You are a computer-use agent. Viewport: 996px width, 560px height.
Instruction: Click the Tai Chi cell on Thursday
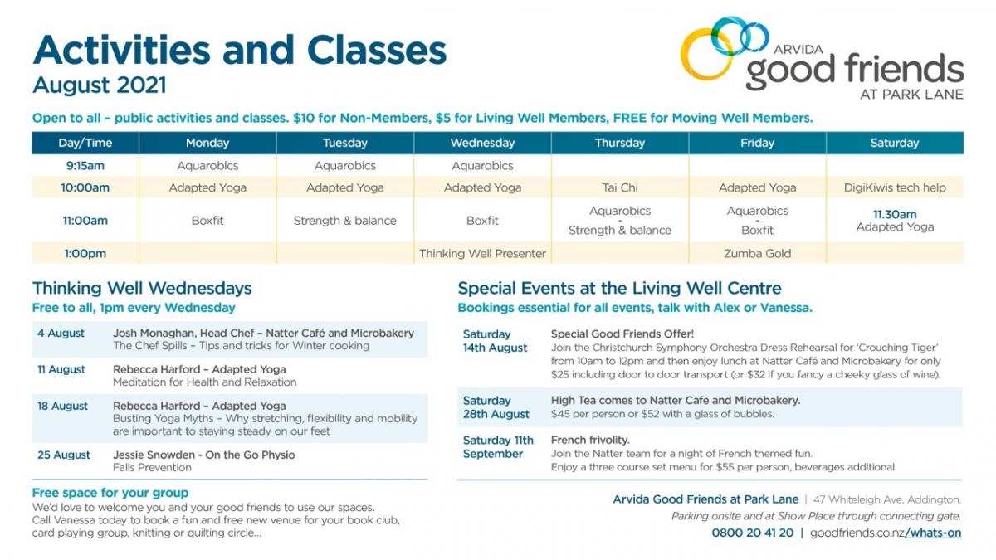(x=620, y=187)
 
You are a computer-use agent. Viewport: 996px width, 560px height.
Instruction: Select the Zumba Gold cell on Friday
(x=757, y=253)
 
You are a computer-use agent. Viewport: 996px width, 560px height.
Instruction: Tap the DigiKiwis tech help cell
(x=895, y=187)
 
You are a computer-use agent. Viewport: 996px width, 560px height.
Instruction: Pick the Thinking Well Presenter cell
(x=482, y=253)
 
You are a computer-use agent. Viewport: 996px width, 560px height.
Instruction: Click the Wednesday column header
(x=482, y=143)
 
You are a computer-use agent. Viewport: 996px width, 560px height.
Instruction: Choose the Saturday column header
(x=895, y=143)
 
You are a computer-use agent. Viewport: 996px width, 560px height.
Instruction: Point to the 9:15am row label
(x=85, y=166)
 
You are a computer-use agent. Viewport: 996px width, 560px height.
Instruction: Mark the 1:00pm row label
(x=85, y=253)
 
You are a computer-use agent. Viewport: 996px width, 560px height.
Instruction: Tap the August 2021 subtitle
(x=100, y=85)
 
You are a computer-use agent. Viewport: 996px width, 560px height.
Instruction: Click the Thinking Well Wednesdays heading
(x=142, y=288)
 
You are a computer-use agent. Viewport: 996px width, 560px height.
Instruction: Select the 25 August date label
(x=64, y=455)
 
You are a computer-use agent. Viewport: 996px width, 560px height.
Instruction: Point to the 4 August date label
(x=61, y=333)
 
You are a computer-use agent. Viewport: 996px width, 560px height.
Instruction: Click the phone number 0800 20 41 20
(x=752, y=533)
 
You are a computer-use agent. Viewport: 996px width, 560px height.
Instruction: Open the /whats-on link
(x=933, y=533)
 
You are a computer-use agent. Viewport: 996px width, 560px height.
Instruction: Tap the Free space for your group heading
(x=110, y=493)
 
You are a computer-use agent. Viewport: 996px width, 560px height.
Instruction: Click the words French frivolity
(x=590, y=440)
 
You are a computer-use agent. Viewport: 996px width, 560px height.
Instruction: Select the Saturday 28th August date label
(x=496, y=407)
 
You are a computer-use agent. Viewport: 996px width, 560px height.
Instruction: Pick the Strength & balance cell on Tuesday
(x=344, y=221)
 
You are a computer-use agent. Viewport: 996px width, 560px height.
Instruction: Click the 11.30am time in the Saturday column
(x=895, y=214)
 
